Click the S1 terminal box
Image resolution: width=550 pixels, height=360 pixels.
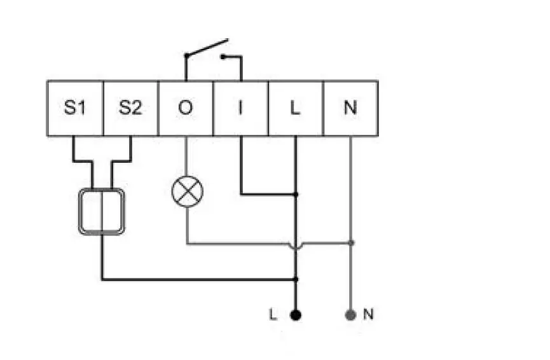pyautogui.click(x=74, y=108)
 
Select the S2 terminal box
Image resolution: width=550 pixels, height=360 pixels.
pyautogui.click(x=130, y=108)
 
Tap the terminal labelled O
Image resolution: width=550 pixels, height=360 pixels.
pyautogui.click(x=185, y=108)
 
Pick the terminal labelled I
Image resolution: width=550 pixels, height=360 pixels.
pyautogui.click(x=240, y=108)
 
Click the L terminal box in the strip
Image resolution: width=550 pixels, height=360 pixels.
pyautogui.click(x=295, y=108)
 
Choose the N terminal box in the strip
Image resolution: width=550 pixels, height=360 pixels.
pyautogui.click(x=350, y=108)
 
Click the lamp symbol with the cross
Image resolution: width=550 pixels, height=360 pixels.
pyautogui.click(x=186, y=191)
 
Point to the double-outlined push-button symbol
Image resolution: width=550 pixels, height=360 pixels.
pyautogui.click(x=101, y=212)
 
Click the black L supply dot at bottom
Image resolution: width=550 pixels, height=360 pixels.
pyautogui.click(x=296, y=314)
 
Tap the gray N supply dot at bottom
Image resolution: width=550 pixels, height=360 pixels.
pyautogui.click(x=350, y=314)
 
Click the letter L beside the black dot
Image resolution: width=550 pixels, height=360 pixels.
pyautogui.click(x=273, y=314)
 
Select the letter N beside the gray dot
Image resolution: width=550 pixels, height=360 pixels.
pyautogui.click(x=368, y=314)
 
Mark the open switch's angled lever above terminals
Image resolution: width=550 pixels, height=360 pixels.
pyautogui.click(x=207, y=48)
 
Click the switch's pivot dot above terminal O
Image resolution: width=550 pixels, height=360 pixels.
pyautogui.click(x=186, y=57)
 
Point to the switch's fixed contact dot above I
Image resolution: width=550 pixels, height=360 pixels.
pyautogui.click(x=223, y=57)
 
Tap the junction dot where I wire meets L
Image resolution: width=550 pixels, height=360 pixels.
pyautogui.click(x=296, y=194)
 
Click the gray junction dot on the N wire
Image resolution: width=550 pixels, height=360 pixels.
pyautogui.click(x=351, y=243)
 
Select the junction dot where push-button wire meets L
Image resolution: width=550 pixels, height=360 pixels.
pyautogui.click(x=296, y=279)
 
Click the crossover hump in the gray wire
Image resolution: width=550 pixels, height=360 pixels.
pyautogui.click(x=295, y=244)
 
